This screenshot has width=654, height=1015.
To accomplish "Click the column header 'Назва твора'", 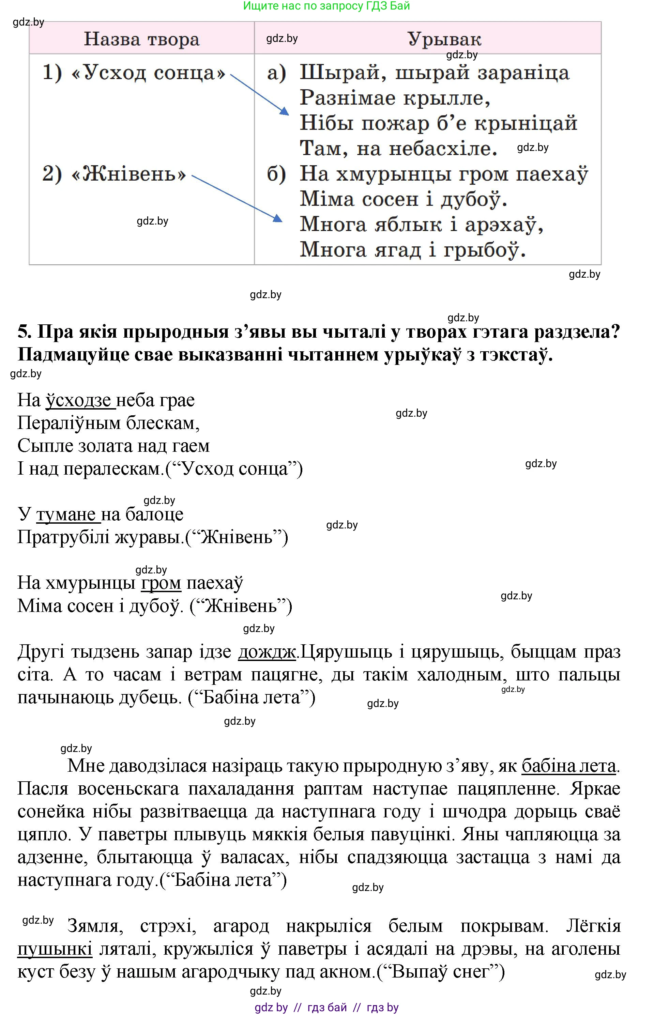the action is (x=141, y=39).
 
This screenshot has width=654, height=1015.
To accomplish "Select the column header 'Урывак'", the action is (x=444, y=39).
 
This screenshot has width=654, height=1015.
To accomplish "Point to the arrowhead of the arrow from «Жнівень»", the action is (x=278, y=219).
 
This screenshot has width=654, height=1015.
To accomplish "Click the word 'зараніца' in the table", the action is (x=523, y=73).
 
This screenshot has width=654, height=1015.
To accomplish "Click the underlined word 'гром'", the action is (x=161, y=583).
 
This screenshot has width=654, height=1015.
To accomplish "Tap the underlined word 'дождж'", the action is (x=267, y=651).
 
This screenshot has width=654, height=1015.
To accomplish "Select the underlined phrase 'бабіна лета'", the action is (x=568, y=766).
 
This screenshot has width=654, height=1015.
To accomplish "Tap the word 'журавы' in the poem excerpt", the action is (x=147, y=537).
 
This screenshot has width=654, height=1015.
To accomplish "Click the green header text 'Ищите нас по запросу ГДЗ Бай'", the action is (x=326, y=6).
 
